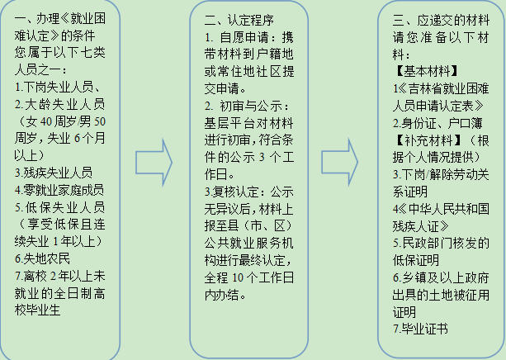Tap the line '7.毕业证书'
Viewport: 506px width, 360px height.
coord(419,329)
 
